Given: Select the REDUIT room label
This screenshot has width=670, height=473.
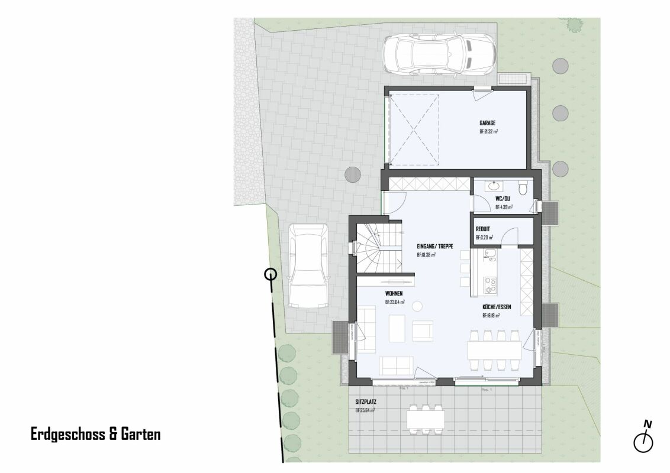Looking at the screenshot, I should coord(483,229).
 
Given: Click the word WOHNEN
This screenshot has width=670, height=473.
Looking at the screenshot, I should coord(394,293).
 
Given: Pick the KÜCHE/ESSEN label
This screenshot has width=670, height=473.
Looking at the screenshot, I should coord(496,307).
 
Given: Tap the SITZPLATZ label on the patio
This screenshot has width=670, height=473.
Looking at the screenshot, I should coord(366,401).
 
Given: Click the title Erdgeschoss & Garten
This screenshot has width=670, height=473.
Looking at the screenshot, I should coord(95,435).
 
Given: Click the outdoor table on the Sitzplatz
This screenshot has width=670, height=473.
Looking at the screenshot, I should coord(426,420).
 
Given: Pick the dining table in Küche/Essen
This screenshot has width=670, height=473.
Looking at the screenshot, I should coord(495,351).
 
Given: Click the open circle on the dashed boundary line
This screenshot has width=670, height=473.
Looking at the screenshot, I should coord(270,274).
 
